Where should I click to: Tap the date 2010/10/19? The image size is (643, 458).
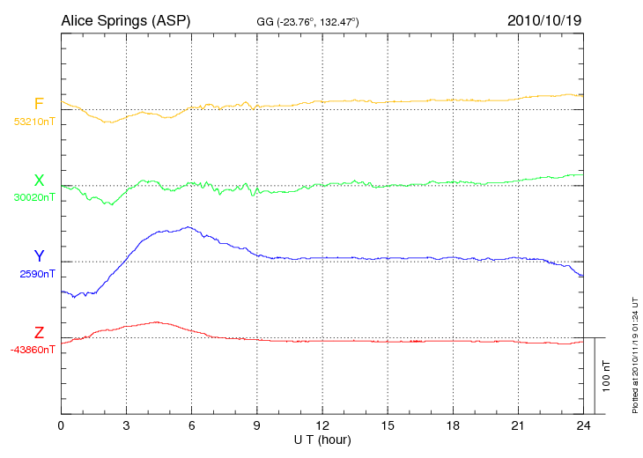(544, 19)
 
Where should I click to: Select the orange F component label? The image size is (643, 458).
(39, 104)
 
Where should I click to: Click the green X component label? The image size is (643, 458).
(39, 181)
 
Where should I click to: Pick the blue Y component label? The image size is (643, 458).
(39, 256)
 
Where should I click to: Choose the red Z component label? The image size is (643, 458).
(39, 333)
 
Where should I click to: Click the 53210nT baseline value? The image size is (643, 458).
(34, 122)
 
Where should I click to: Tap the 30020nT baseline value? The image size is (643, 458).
(34, 198)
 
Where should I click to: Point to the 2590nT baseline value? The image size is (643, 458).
(37, 274)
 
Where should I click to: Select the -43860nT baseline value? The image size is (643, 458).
(33, 350)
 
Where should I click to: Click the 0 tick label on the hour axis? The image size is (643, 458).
(61, 425)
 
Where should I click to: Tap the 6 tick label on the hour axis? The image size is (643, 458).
(192, 425)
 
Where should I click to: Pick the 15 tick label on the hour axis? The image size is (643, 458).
(388, 425)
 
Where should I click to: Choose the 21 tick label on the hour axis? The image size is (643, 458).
(518, 425)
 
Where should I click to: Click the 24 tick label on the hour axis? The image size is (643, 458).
(583, 425)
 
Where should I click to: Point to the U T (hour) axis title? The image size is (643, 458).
(322, 438)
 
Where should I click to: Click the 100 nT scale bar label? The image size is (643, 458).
(606, 375)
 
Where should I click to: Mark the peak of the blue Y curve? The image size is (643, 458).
(188, 227)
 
